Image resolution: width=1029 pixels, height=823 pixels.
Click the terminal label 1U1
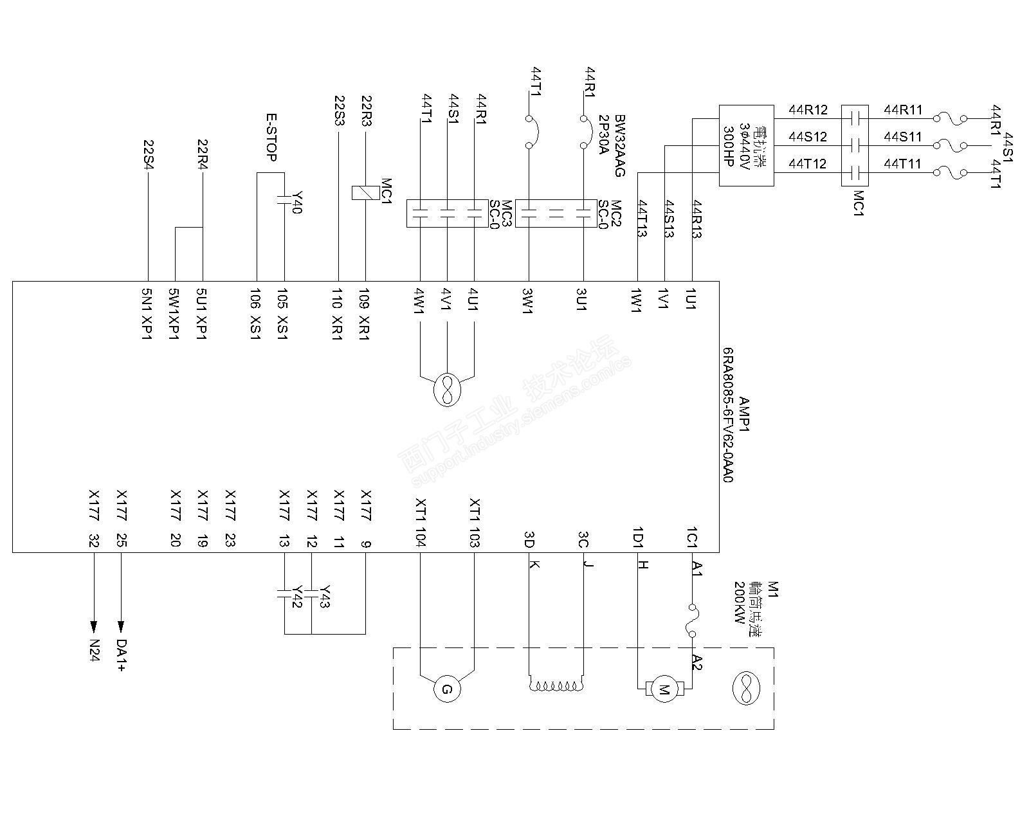pos(691,300)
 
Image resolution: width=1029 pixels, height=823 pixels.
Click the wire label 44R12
pos(808,110)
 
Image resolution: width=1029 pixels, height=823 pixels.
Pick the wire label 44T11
pos(902,164)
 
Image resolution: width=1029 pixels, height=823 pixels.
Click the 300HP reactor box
pos(745,146)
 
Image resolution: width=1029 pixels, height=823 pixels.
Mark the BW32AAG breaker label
pos(619,146)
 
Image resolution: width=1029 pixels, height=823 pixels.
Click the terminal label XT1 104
pos(420,522)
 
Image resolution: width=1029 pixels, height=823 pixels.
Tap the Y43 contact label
pos(325,597)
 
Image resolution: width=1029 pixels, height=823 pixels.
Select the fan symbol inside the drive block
pos(446,390)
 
